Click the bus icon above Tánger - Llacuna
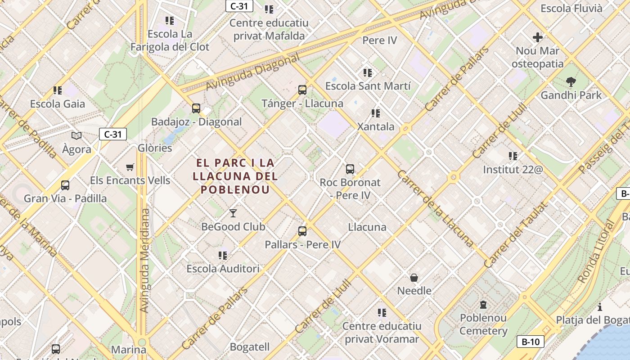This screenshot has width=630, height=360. pyautogui.click(x=302, y=90)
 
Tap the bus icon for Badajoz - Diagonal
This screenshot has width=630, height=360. pyautogui.click(x=196, y=108)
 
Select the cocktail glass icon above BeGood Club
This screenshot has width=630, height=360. pyautogui.click(x=233, y=213)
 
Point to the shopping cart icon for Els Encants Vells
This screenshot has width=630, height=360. pyautogui.click(x=130, y=167)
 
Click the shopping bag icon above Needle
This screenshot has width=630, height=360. pyautogui.click(x=414, y=278)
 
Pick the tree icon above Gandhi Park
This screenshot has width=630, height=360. pyautogui.click(x=571, y=82)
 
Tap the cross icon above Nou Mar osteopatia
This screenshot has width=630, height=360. pyautogui.click(x=537, y=37)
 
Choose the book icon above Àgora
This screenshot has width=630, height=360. pyautogui.click(x=76, y=135)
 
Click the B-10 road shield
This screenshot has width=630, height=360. pyautogui.click(x=530, y=342)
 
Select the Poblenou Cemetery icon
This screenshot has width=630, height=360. pyautogui.click(x=483, y=305)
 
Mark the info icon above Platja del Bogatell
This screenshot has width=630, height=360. pyautogui.click(x=600, y=307)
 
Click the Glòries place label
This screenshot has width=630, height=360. pyautogui.click(x=155, y=148)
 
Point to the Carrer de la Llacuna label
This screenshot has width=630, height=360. pyautogui.click(x=434, y=208)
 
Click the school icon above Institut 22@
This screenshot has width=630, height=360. pyautogui.click(x=513, y=156)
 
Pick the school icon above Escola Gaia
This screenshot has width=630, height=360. pyautogui.click(x=58, y=90)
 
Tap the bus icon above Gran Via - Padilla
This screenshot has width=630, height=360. pyautogui.click(x=65, y=185)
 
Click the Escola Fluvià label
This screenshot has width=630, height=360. pyautogui.click(x=571, y=9)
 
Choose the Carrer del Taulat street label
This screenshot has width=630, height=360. pyautogui.click(x=515, y=235)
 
